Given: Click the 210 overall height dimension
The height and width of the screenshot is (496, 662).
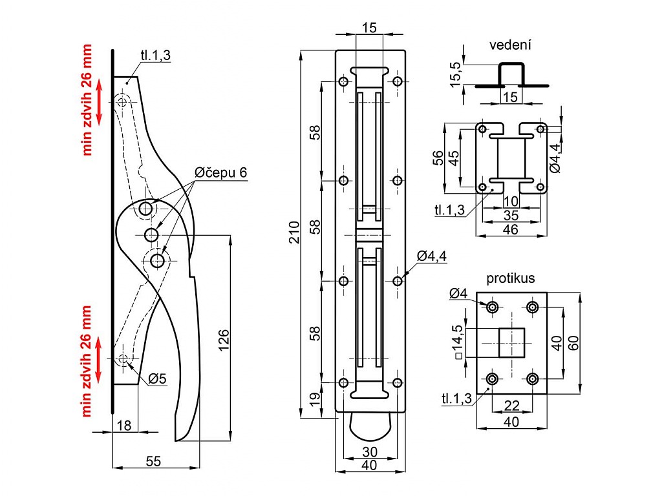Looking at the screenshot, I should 294,232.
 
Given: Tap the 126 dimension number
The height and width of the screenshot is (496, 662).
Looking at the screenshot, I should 223,338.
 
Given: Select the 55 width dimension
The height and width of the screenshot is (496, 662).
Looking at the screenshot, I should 153,460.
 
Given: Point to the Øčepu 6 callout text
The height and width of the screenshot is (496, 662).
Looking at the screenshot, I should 220,172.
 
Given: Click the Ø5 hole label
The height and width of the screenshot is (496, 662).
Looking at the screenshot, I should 157,378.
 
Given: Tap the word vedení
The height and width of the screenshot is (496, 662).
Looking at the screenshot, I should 511,45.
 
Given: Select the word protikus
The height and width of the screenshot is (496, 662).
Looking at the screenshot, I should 511,278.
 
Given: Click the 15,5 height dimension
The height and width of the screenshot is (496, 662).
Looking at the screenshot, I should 457,74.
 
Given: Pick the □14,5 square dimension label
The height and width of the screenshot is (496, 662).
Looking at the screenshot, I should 459,342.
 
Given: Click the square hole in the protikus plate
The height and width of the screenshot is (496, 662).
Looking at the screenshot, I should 511,342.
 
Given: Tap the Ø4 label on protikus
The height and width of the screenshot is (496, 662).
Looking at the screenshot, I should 458,294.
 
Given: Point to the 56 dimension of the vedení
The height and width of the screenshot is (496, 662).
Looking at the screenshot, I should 438,158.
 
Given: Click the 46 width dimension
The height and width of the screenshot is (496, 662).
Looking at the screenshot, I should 510,229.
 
